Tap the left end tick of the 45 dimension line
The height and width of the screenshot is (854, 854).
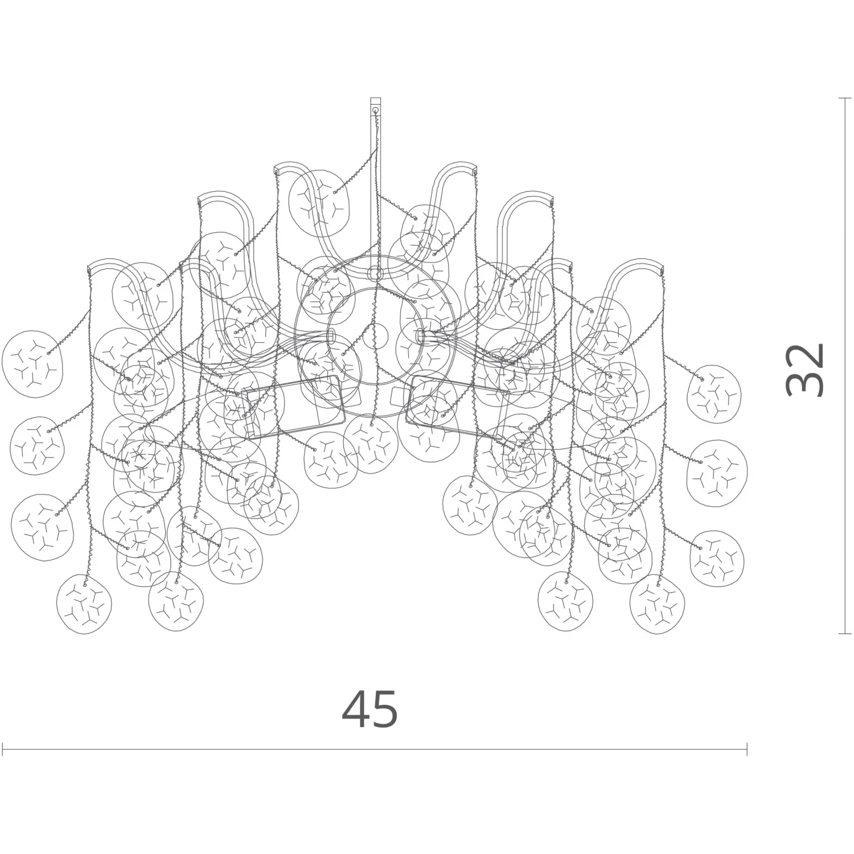3,749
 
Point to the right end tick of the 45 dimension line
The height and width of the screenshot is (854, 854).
746,749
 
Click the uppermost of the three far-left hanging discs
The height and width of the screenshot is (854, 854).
32,358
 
